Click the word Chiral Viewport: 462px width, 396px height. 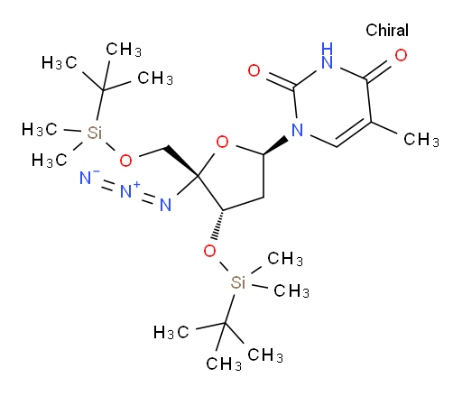(387, 30)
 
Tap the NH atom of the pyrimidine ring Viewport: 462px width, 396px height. (327, 56)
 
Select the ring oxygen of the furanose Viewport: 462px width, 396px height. (222, 142)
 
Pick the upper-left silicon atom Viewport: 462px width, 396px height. (95, 133)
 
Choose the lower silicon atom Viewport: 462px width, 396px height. (238, 282)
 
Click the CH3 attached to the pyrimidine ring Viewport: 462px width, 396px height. (421, 140)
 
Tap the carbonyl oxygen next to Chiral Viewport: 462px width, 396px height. (401, 55)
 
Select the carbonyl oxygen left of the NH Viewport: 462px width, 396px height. (254, 70)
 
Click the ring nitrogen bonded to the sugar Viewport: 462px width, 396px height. (297, 130)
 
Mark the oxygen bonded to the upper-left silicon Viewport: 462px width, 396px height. (125, 161)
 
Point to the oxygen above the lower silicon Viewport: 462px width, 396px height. (209, 251)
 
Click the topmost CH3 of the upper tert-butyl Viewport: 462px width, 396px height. (124, 50)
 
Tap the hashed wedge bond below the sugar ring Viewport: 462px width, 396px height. (218, 225)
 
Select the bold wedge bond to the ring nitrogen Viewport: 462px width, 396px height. (276, 147)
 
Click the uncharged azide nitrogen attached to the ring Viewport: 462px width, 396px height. (165, 205)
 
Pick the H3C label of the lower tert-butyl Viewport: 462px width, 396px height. (171, 332)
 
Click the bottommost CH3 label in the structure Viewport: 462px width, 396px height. (224, 364)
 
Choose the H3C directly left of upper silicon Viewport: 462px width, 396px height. (39, 130)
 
